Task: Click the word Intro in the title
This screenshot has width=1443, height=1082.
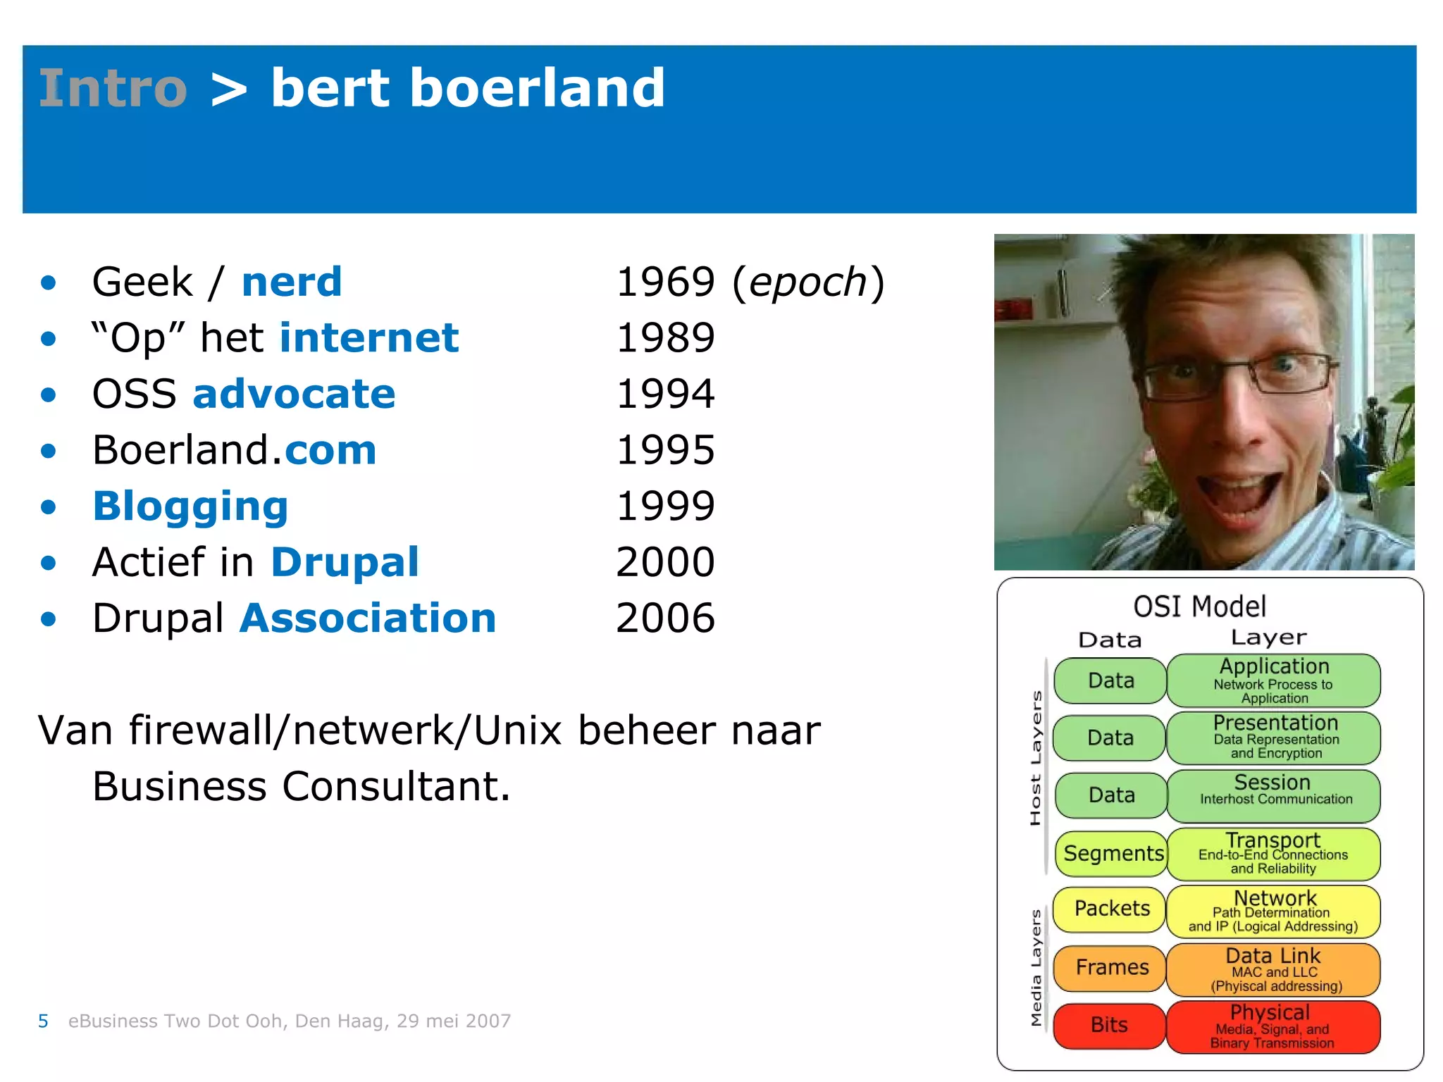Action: (113, 89)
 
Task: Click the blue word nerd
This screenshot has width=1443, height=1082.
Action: (291, 282)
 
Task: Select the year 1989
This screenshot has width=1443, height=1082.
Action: (665, 337)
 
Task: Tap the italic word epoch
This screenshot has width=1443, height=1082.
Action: (807, 282)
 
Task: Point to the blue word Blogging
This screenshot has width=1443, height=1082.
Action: (190, 506)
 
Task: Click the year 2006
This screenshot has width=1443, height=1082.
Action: (665, 618)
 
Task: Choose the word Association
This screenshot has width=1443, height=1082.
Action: (368, 618)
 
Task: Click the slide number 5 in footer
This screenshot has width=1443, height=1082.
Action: (43, 1021)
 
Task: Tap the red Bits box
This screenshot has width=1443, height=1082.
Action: (1109, 1025)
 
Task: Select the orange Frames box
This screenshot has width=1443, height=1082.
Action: (1111, 967)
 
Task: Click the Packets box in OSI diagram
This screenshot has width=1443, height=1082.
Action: (1111, 909)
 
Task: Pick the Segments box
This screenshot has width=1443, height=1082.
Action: (1113, 853)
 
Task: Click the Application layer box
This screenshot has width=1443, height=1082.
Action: (1273, 680)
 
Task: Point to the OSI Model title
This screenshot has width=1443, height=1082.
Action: (1199, 607)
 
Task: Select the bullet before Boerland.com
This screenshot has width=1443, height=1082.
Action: (48, 451)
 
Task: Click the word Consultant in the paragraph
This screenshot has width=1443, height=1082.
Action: (395, 786)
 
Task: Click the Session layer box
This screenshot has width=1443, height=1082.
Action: (1273, 795)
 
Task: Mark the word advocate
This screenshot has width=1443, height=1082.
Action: (294, 394)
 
